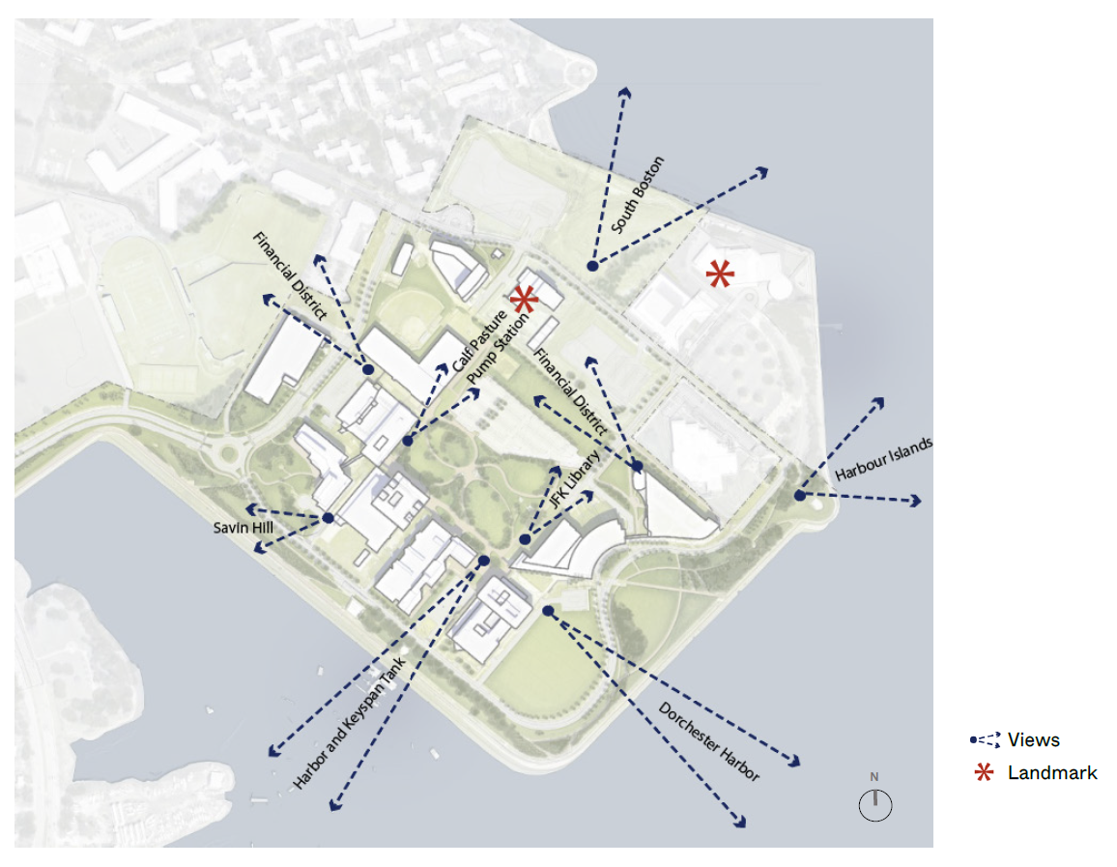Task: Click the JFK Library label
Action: (574, 480)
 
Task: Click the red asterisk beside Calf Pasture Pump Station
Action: (525, 300)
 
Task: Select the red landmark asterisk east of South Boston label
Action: (719, 275)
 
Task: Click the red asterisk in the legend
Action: (984, 772)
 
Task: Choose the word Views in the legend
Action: (1033, 740)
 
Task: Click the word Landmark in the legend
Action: (1052, 772)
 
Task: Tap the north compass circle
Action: (874, 805)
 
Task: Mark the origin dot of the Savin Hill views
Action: (328, 518)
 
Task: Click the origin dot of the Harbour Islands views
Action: (800, 495)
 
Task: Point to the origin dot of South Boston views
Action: (591, 265)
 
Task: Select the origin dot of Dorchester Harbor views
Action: (547, 611)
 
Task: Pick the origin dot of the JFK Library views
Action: (525, 539)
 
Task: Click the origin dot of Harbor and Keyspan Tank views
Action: (484, 561)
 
